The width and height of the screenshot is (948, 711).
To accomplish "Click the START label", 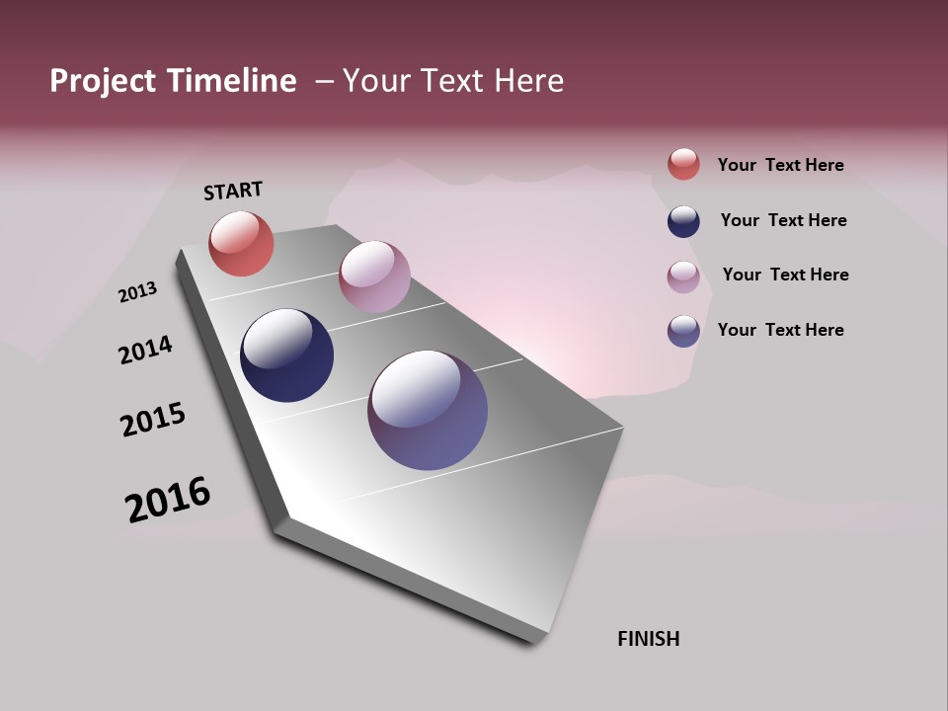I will click(233, 191).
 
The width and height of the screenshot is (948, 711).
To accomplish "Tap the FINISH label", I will click(648, 639).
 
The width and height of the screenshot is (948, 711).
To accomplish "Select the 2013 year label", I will click(137, 292).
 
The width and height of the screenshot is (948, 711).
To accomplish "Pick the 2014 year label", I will click(145, 351).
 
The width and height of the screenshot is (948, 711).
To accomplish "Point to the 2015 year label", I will click(153, 420).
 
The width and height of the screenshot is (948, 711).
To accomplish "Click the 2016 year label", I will click(168, 499).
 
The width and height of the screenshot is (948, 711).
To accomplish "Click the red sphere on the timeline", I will click(241, 244).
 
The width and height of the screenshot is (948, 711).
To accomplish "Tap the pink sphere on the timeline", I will click(374, 276).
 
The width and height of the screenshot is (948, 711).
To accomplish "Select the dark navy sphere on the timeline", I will click(286, 355).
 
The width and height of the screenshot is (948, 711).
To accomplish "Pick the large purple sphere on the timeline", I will click(428, 410).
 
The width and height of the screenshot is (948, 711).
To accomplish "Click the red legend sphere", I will click(683, 164).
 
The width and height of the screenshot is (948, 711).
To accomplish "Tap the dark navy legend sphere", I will click(683, 221).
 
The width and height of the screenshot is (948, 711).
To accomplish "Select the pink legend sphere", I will click(683, 276).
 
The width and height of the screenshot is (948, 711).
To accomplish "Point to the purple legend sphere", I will click(683, 331).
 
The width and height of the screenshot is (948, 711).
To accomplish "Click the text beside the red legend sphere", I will click(780, 165).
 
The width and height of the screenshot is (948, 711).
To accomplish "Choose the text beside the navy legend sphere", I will click(783, 220).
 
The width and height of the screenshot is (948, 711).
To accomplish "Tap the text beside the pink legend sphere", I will click(785, 275).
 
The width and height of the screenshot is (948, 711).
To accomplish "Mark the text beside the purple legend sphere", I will click(780, 330).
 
